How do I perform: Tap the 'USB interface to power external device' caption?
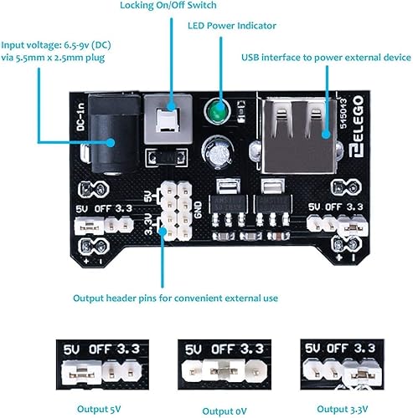pos(325,56)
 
